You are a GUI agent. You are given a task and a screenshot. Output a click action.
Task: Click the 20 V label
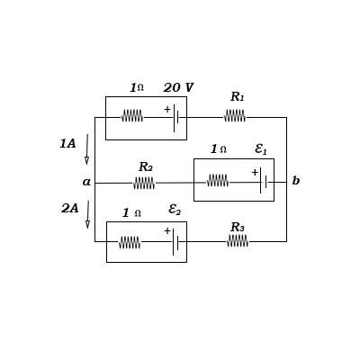pyautogui.click(x=178, y=88)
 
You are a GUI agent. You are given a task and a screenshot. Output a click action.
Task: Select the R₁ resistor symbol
pyautogui.click(x=235, y=115)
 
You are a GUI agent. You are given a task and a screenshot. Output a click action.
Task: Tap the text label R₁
pyautogui.click(x=237, y=97)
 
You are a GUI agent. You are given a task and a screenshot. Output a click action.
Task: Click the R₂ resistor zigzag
pyautogui.click(x=144, y=183)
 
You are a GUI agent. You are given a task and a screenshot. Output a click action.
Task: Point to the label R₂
pyautogui.click(x=145, y=167)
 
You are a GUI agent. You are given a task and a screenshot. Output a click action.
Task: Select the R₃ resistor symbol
pyautogui.click(x=238, y=240)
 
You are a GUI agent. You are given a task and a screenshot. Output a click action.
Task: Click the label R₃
pyautogui.click(x=237, y=228)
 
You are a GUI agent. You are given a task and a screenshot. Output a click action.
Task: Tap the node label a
pyautogui.click(x=86, y=182)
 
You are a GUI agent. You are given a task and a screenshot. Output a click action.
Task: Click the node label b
pyautogui.click(x=295, y=181)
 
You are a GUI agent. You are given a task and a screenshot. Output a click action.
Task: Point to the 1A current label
pyautogui.click(x=67, y=144)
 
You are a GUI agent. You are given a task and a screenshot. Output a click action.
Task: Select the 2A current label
pyautogui.click(x=69, y=209)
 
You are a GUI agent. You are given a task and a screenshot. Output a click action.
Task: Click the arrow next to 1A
pyautogui.click(x=87, y=149)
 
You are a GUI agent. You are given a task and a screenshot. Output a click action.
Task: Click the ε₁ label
pyautogui.click(x=261, y=149)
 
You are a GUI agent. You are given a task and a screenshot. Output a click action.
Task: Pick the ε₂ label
pyautogui.click(x=175, y=210)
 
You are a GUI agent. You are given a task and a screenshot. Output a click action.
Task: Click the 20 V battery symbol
pyautogui.click(x=175, y=116)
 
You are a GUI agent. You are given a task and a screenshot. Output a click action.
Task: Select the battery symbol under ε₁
pyautogui.click(x=263, y=181)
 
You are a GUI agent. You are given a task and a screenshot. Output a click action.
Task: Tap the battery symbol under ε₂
pyautogui.click(x=175, y=241)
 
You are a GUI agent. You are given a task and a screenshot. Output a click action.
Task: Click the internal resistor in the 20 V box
pyautogui.click(x=132, y=115)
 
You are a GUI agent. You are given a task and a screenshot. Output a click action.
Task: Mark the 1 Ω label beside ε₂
pyautogui.click(x=131, y=213)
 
